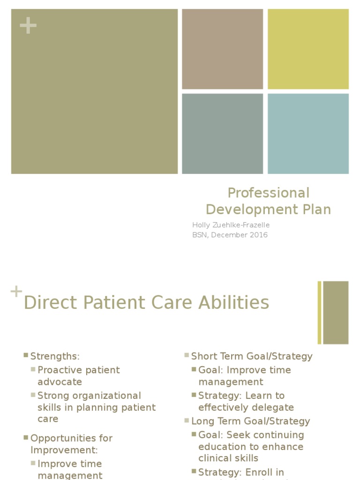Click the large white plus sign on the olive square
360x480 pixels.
pyautogui.click(x=28, y=26)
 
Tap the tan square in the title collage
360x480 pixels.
pyautogui.click(x=222, y=49)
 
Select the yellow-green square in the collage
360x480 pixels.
pyautogui.click(x=308, y=49)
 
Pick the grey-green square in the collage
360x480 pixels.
pyautogui.click(x=222, y=134)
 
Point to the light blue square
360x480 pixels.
pyautogui.click(x=308, y=134)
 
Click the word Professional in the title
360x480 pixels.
pyautogui.click(x=268, y=193)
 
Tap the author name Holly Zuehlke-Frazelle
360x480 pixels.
pyautogui.click(x=231, y=225)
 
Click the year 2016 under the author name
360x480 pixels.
pyautogui.click(x=257, y=235)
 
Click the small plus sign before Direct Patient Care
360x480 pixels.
pyautogui.click(x=16, y=292)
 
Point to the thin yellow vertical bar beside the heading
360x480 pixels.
pyautogui.click(x=320, y=313)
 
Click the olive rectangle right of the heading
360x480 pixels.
pyautogui.click(x=336, y=313)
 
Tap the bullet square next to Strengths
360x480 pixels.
pyautogui.click(x=26, y=356)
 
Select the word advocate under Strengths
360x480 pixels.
pyautogui.click(x=60, y=382)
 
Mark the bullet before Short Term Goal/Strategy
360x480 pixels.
pyautogui.click(x=187, y=356)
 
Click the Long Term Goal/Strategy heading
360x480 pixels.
pyautogui.click(x=251, y=421)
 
